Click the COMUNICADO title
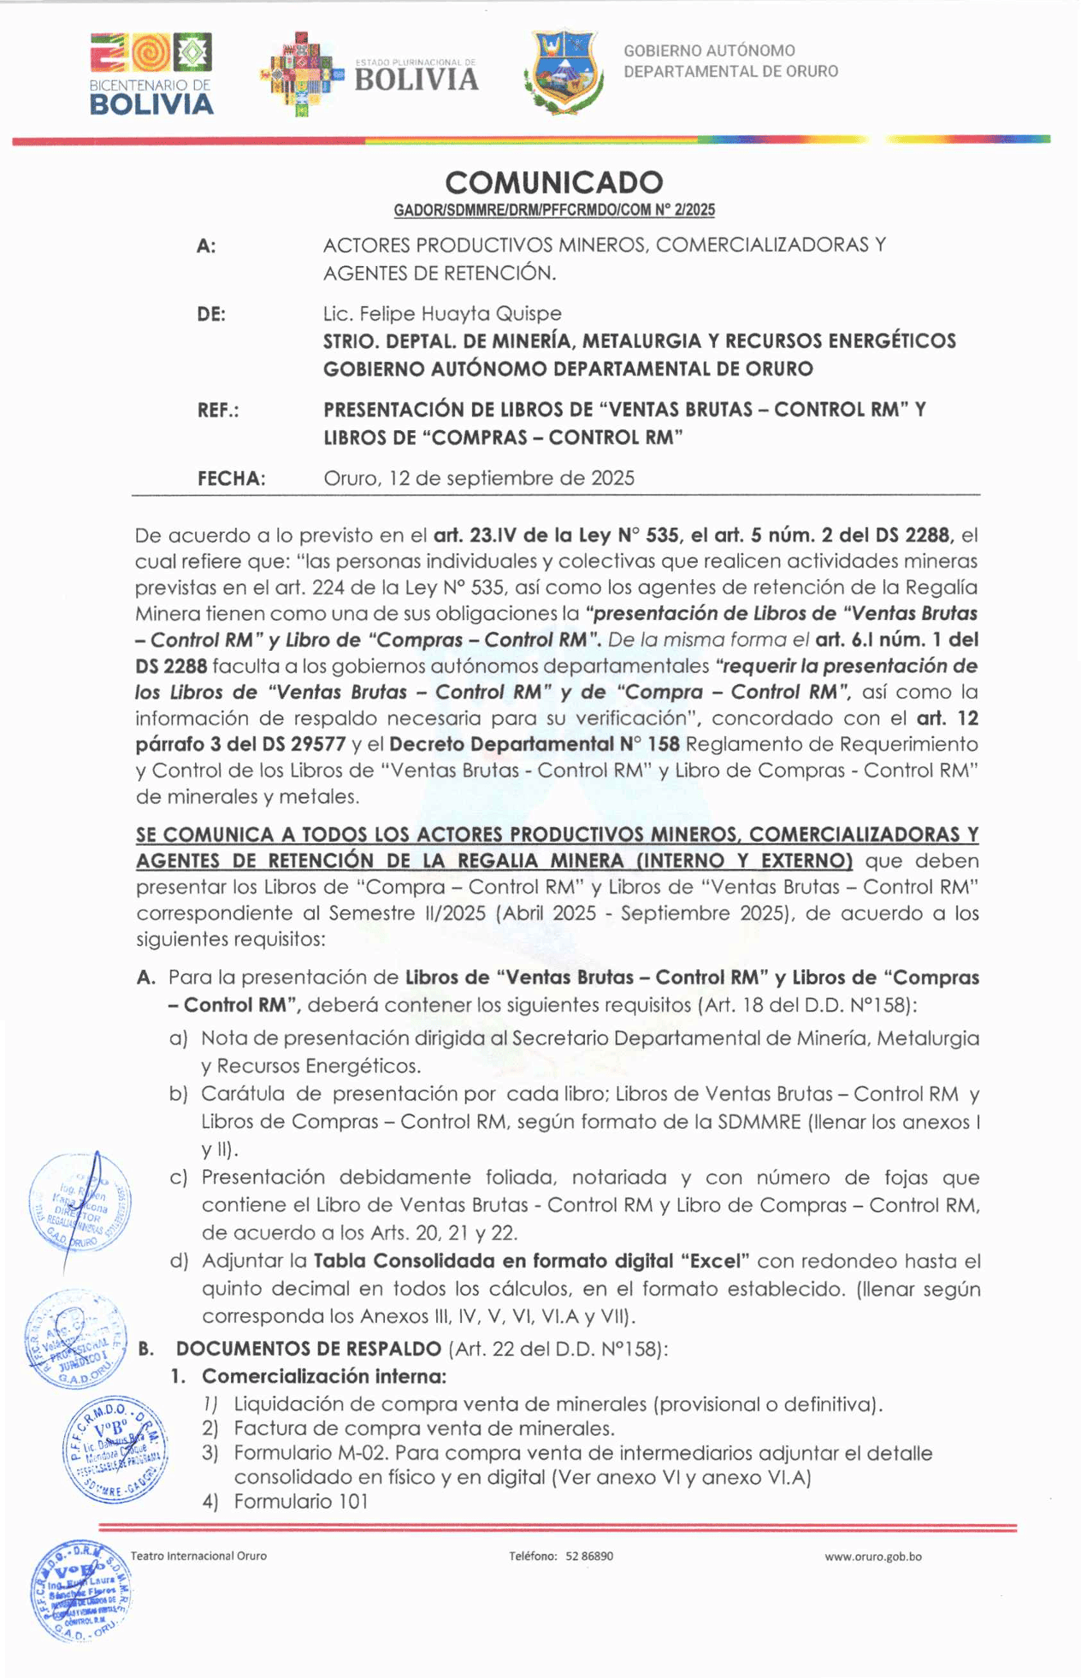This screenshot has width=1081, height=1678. coord(553,182)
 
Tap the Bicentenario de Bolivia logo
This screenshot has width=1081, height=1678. coord(151,75)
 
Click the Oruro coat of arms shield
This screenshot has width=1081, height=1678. coord(564,72)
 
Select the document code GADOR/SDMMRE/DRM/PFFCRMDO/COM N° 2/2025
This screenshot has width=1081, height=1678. coord(553,210)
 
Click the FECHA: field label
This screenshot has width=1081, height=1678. coord(231,479)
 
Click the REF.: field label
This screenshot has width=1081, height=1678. coord(218,411)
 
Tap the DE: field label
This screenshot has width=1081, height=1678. coord(211,315)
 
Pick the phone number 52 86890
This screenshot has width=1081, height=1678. coord(589,1556)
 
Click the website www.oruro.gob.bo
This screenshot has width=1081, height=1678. coord(872,1557)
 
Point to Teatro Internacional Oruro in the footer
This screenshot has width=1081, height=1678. coord(198,1556)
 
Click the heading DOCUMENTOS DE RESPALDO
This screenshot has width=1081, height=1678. coord(309,1349)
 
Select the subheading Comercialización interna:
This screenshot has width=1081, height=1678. coord(323,1376)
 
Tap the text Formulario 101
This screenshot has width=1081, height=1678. coord(301,1501)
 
